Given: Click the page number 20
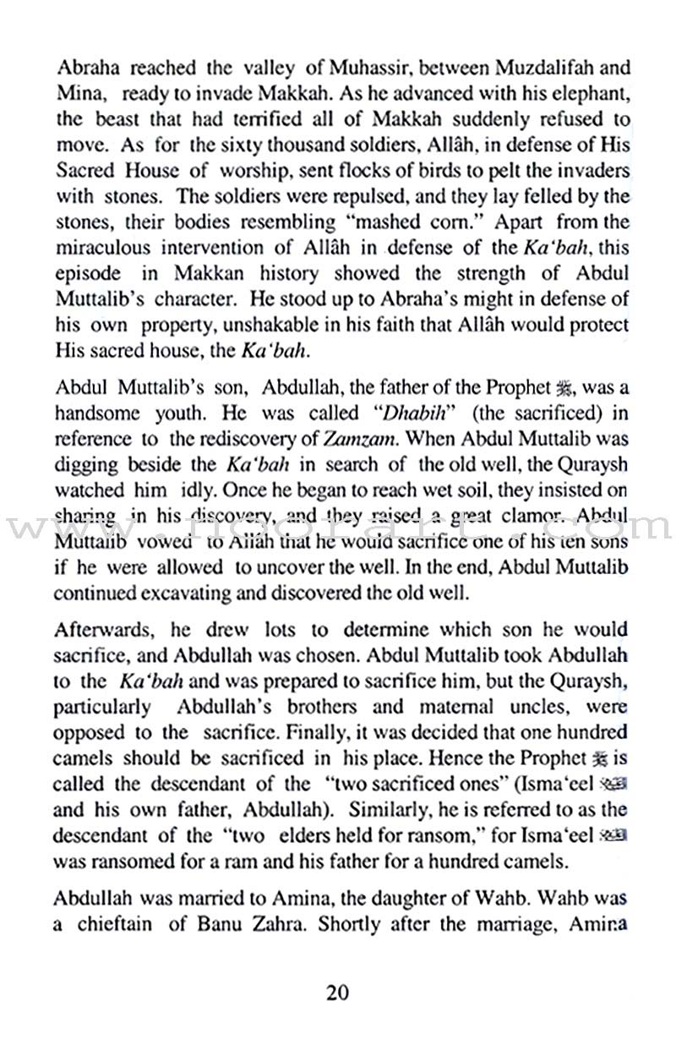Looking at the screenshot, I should tap(338, 992).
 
